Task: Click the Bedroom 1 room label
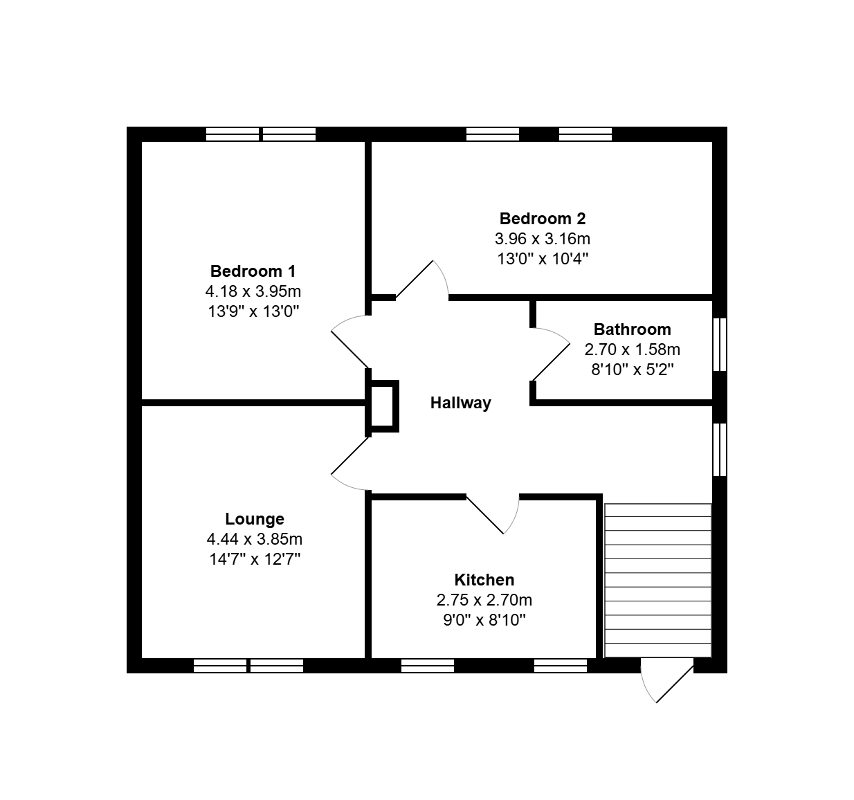tap(253, 271)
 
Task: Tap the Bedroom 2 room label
tap(543, 219)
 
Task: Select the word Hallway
tap(460, 403)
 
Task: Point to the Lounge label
tap(255, 519)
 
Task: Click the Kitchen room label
tap(484, 580)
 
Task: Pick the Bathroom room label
tap(632, 329)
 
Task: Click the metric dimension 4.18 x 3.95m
tap(253, 291)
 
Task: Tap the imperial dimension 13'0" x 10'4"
tap(543, 259)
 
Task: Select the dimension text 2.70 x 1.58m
tap(632, 349)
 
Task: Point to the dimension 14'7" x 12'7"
tap(255, 559)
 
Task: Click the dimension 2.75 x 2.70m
tap(484, 600)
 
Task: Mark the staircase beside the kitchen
tap(658, 580)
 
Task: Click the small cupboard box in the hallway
tap(382, 406)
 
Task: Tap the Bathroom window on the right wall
tap(720, 345)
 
